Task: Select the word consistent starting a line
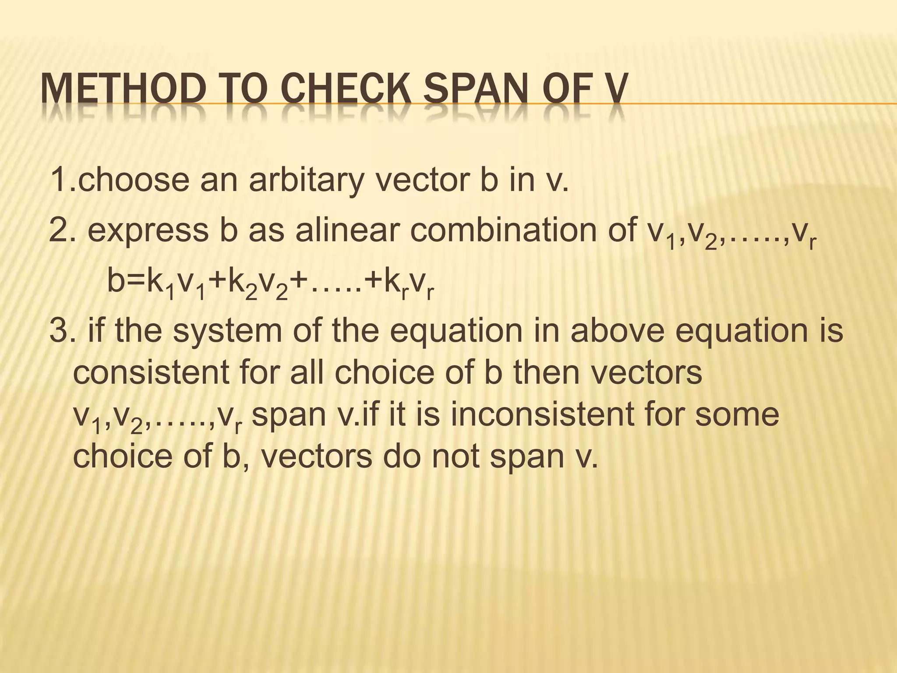point(151,373)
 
